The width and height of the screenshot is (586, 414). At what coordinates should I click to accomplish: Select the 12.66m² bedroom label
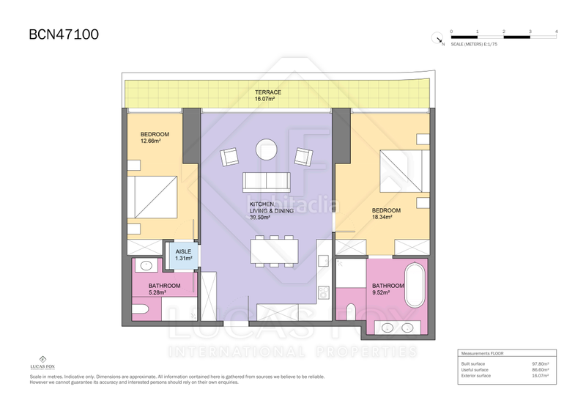[x=155, y=138]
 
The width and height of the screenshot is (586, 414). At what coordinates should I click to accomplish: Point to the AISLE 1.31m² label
[x=183, y=254]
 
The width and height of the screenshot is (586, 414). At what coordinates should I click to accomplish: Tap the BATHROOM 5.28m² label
[x=164, y=289]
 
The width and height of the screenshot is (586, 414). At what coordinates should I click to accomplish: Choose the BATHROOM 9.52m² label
[x=387, y=289]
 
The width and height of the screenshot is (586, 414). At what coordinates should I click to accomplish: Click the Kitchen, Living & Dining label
[x=271, y=210]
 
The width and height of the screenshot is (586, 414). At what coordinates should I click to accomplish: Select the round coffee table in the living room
[x=266, y=150]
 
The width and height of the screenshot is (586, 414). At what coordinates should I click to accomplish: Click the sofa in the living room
[x=267, y=181]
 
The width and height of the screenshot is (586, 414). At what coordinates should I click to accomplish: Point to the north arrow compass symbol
[x=437, y=40]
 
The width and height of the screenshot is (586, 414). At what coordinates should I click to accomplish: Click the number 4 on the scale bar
[x=557, y=32]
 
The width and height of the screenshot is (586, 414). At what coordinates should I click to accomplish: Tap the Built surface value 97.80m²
[x=540, y=363]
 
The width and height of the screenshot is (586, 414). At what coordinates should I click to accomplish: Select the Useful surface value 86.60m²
[x=540, y=369]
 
